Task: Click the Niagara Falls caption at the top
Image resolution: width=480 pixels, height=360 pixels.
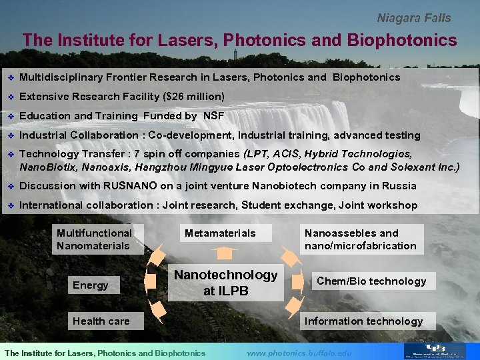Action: coord(414,18)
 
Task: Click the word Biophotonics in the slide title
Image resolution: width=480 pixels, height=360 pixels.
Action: coord(402,40)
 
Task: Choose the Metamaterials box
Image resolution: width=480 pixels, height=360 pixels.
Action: coord(220,233)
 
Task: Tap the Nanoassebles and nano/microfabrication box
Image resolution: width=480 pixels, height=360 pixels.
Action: coord(361,239)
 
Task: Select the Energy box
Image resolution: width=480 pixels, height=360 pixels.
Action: coord(91,285)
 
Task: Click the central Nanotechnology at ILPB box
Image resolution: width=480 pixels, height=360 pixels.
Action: coord(225,283)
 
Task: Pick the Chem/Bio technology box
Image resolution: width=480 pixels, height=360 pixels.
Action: coord(371,281)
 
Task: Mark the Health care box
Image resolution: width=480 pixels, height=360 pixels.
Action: coord(101,321)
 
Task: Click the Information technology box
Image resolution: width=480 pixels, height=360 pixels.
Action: coord(363,321)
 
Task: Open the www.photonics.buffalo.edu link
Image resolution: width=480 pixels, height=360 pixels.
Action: coord(299,353)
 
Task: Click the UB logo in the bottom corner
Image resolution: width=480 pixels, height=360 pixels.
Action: coord(441,351)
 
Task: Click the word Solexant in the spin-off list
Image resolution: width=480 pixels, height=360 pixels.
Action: coord(413,167)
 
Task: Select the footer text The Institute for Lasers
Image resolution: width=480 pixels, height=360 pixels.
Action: coord(105,353)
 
